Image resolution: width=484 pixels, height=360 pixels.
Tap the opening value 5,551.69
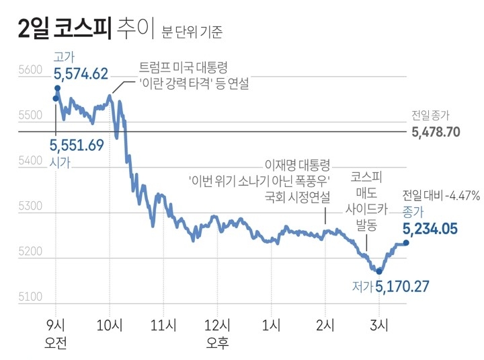77,145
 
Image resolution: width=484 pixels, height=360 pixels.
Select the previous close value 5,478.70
436,132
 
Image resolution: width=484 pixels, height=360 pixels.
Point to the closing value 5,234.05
430,229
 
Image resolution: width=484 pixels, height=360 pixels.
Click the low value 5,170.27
401,287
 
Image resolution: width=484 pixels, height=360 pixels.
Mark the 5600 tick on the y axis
30,70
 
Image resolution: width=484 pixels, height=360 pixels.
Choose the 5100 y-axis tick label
30,297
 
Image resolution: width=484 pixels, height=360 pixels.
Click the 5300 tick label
30,207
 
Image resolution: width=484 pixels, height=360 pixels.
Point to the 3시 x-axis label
380,326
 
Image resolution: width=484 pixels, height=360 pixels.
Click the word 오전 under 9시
55,343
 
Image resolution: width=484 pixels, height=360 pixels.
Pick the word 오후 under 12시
218,343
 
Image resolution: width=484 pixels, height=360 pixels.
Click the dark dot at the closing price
406,243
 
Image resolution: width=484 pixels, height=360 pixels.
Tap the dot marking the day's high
58,88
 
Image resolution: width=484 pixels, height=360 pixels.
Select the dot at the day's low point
380,271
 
